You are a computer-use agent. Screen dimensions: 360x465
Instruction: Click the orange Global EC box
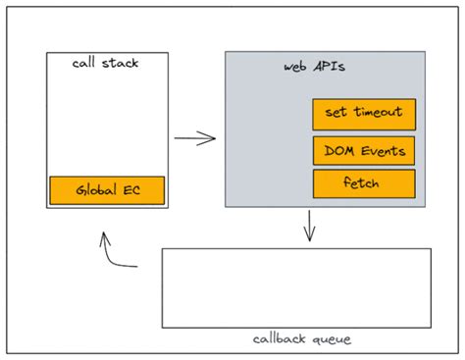[x=107, y=190]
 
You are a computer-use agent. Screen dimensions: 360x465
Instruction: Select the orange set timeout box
[x=364, y=113]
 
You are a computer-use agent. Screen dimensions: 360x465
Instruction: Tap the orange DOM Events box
[x=364, y=151]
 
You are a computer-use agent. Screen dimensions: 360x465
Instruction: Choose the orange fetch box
[x=364, y=182]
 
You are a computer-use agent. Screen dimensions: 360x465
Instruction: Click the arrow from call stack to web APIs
[x=195, y=138]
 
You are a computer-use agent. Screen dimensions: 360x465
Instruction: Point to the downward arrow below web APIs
[x=310, y=227]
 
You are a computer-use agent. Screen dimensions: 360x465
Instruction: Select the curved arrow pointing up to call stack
[x=113, y=254]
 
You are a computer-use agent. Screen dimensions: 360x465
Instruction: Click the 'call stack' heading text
[x=106, y=64]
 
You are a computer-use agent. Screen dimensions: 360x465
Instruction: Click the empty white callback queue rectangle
[x=295, y=287]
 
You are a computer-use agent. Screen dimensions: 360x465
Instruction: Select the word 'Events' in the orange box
[x=377, y=151]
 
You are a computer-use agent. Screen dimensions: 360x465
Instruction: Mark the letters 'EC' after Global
[x=131, y=190]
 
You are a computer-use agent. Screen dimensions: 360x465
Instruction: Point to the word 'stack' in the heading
[x=122, y=64]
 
